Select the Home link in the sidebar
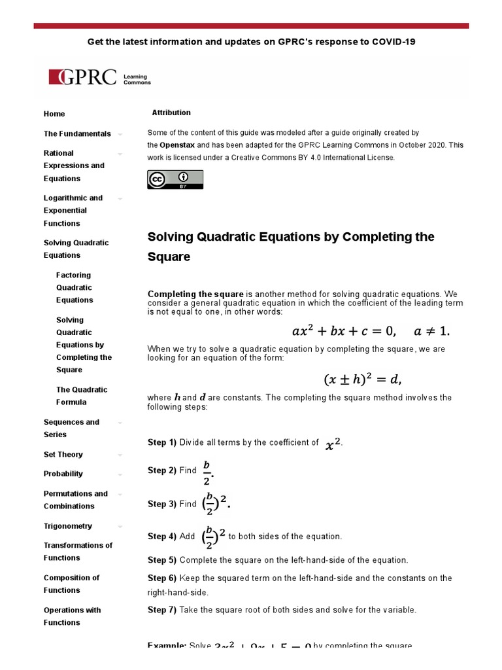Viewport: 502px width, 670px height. (x=54, y=114)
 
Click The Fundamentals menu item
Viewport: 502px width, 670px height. (x=77, y=133)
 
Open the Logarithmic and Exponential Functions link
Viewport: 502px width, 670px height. (x=73, y=210)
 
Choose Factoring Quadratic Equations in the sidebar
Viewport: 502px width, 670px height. (x=75, y=287)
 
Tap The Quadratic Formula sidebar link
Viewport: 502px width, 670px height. (x=82, y=396)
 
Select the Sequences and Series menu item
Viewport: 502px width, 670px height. (x=71, y=428)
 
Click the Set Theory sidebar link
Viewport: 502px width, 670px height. (x=63, y=454)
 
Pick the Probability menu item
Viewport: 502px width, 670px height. (x=63, y=474)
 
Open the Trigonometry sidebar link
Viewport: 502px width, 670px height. (x=68, y=526)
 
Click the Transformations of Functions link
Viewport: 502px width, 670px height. (x=78, y=552)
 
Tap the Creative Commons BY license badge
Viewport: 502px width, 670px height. (x=175, y=179)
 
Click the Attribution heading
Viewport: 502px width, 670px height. (x=171, y=113)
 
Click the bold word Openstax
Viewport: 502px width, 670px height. (x=177, y=145)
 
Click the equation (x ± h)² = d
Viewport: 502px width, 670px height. (x=362, y=379)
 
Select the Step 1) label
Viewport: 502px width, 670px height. (x=162, y=443)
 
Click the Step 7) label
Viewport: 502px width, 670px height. (x=162, y=610)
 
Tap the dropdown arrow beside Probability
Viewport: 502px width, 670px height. (x=120, y=474)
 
